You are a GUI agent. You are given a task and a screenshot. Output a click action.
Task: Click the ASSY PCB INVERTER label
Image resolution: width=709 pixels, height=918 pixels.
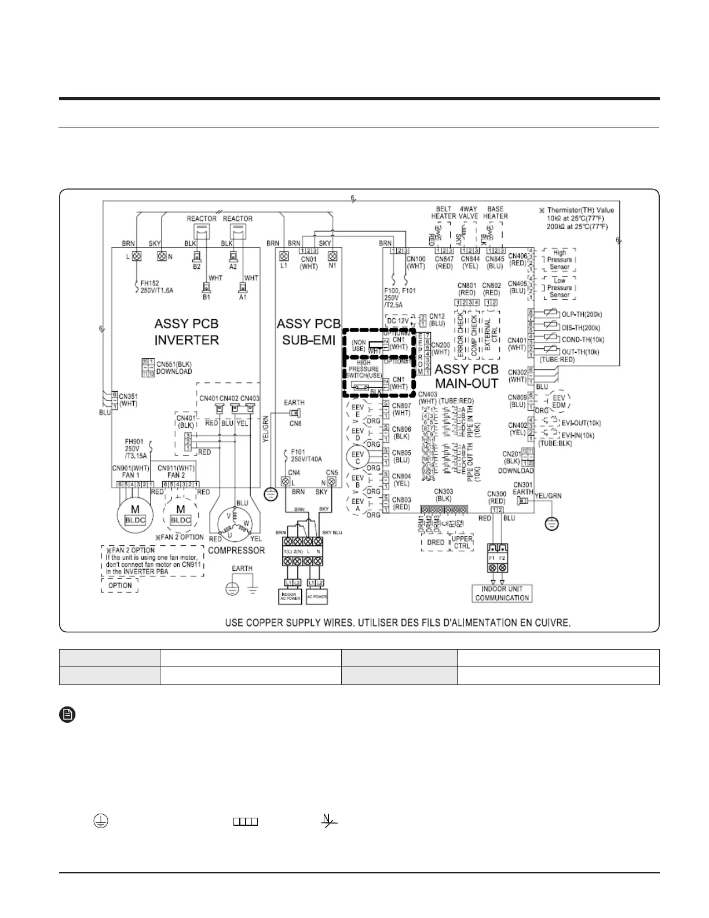point(187,331)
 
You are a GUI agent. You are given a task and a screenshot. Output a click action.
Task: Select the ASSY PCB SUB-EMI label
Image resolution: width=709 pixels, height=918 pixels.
point(308,331)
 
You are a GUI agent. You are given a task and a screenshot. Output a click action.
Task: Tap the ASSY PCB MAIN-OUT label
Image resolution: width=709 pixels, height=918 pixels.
point(466,376)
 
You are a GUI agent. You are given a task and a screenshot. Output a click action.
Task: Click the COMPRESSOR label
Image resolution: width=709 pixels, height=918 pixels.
point(236,550)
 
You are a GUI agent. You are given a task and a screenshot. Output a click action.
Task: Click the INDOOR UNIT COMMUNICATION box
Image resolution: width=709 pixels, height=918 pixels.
point(502,593)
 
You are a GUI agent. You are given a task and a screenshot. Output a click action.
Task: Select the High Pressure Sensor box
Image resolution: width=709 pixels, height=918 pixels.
point(559,260)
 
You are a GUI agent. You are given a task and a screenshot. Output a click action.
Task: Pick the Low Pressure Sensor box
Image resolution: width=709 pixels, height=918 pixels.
point(559,287)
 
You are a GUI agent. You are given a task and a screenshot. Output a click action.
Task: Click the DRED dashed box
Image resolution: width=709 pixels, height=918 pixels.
point(436,542)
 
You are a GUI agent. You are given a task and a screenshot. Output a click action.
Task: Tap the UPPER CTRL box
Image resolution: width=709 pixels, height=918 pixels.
point(462,542)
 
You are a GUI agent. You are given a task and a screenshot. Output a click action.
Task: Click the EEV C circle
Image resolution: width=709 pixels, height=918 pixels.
point(357,457)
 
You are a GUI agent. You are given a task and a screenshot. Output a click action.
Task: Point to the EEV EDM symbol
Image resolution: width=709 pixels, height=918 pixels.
point(558,402)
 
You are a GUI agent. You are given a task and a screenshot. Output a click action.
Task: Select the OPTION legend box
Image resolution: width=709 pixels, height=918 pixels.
point(120,585)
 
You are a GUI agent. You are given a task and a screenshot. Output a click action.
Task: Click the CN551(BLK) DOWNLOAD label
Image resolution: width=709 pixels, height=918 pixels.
point(174,367)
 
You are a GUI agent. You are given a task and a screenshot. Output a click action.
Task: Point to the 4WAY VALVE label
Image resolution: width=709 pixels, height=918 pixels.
point(468,212)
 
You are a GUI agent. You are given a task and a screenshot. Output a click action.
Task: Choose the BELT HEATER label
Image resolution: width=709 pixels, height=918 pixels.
point(444,212)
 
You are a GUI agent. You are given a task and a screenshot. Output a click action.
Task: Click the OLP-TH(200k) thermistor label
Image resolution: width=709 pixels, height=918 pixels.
point(582,315)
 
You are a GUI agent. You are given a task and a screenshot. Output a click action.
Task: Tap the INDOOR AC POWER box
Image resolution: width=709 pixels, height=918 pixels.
point(289,596)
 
